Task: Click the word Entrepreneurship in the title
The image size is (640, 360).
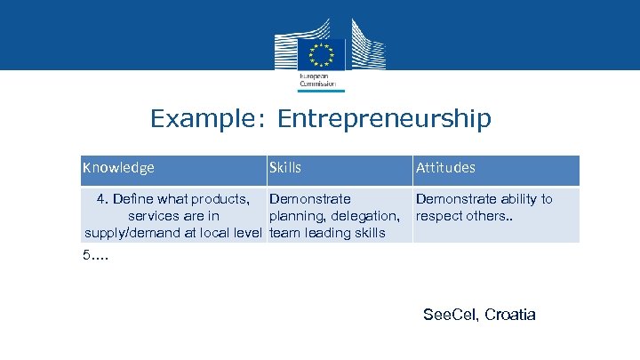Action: coord(384,119)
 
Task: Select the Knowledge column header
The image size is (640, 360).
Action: coord(118,167)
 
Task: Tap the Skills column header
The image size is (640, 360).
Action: coord(285,167)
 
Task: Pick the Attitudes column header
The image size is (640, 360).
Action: coord(445,167)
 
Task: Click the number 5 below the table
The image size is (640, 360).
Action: coord(86,257)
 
